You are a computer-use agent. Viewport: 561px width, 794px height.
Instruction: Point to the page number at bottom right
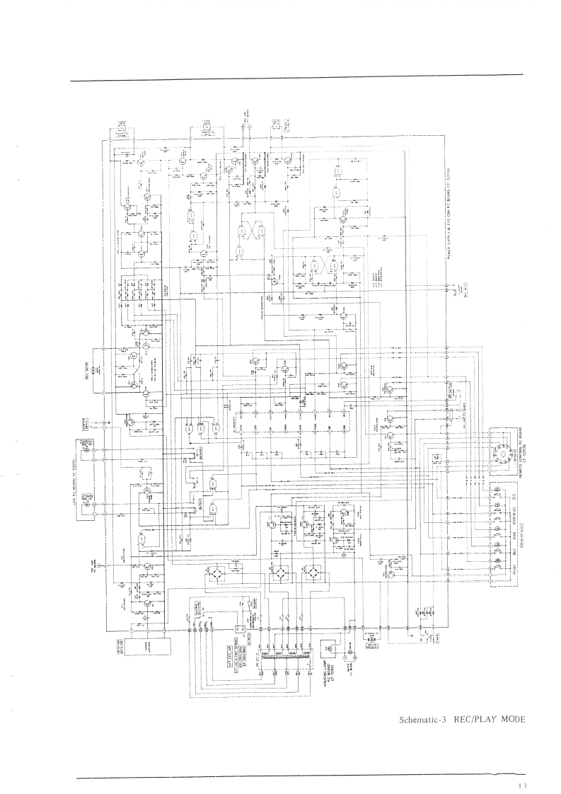tap(522, 785)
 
